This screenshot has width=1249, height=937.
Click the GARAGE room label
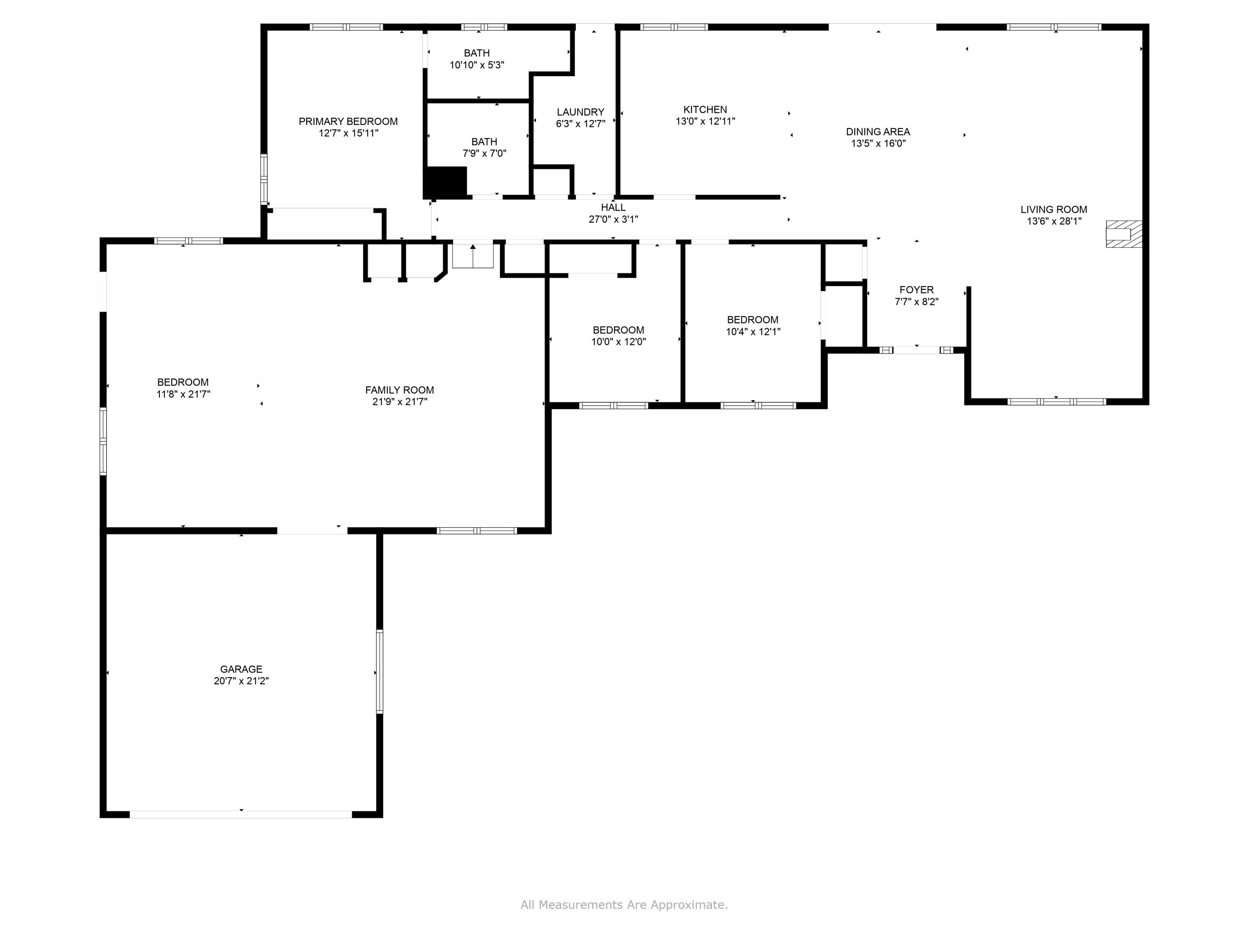coord(241,669)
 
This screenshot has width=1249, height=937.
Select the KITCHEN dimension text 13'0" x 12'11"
coord(705,121)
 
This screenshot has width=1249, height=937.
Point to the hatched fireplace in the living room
coord(1123,234)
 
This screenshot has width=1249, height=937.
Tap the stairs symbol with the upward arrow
coord(473,256)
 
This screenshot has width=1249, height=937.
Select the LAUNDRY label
coord(580,112)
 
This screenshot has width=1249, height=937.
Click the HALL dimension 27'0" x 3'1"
coord(613,219)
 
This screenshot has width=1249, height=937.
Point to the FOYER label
coord(916,290)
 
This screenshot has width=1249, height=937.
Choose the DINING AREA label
coord(878,132)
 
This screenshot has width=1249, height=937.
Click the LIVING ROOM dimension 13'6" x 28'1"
coord(1054,221)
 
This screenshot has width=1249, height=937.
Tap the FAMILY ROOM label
coord(399,390)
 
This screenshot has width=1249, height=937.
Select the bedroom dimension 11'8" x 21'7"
coord(183,394)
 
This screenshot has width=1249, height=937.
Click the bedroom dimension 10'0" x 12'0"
coord(618,342)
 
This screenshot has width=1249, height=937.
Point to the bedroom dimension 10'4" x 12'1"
coord(753,331)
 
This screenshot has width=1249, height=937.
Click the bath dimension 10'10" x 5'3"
coord(477,65)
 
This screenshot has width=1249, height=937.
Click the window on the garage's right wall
coord(379,672)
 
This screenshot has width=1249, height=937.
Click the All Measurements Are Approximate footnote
coord(624,905)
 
